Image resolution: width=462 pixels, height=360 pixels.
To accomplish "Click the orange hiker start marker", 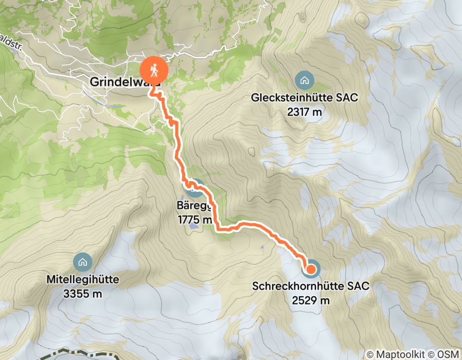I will (154, 68).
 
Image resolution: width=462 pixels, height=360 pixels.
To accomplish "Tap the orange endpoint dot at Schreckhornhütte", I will (311, 268).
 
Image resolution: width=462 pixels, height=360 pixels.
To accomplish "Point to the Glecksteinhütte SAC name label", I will (304, 97).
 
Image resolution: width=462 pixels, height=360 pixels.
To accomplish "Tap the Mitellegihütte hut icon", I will (82, 262).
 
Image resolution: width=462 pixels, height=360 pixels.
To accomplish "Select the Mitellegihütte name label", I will (82, 280).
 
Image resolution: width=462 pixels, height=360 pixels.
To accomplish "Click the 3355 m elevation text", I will (82, 293).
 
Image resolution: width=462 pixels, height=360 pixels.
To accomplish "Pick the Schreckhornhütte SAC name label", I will (311, 286).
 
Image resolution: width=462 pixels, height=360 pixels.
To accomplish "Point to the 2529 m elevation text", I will (311, 299).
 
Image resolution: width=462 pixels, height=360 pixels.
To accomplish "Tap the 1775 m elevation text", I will (194, 220).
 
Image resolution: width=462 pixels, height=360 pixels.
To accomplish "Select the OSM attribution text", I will (448, 354).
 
